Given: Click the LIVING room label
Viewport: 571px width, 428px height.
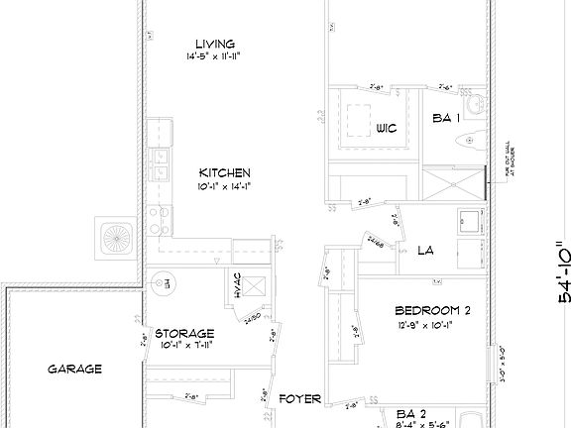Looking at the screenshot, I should (x=214, y=44).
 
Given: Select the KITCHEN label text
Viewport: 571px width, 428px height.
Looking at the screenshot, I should (x=216, y=171).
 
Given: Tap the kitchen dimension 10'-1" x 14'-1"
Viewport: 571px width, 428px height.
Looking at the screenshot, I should (x=216, y=185).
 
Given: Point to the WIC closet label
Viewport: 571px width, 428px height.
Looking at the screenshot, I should (x=386, y=128).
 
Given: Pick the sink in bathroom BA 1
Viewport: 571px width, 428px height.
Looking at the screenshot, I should (x=477, y=103).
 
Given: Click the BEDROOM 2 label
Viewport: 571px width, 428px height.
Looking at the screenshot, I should (x=432, y=309).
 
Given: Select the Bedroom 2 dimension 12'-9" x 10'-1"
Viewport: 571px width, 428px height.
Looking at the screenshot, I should (x=432, y=323).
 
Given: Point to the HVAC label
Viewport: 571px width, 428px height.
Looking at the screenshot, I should (x=238, y=284).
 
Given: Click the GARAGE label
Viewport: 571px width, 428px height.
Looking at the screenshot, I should (x=74, y=369).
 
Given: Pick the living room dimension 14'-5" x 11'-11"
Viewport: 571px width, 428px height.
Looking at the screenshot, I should (x=214, y=57).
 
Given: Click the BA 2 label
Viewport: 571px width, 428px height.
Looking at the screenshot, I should (x=411, y=412).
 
